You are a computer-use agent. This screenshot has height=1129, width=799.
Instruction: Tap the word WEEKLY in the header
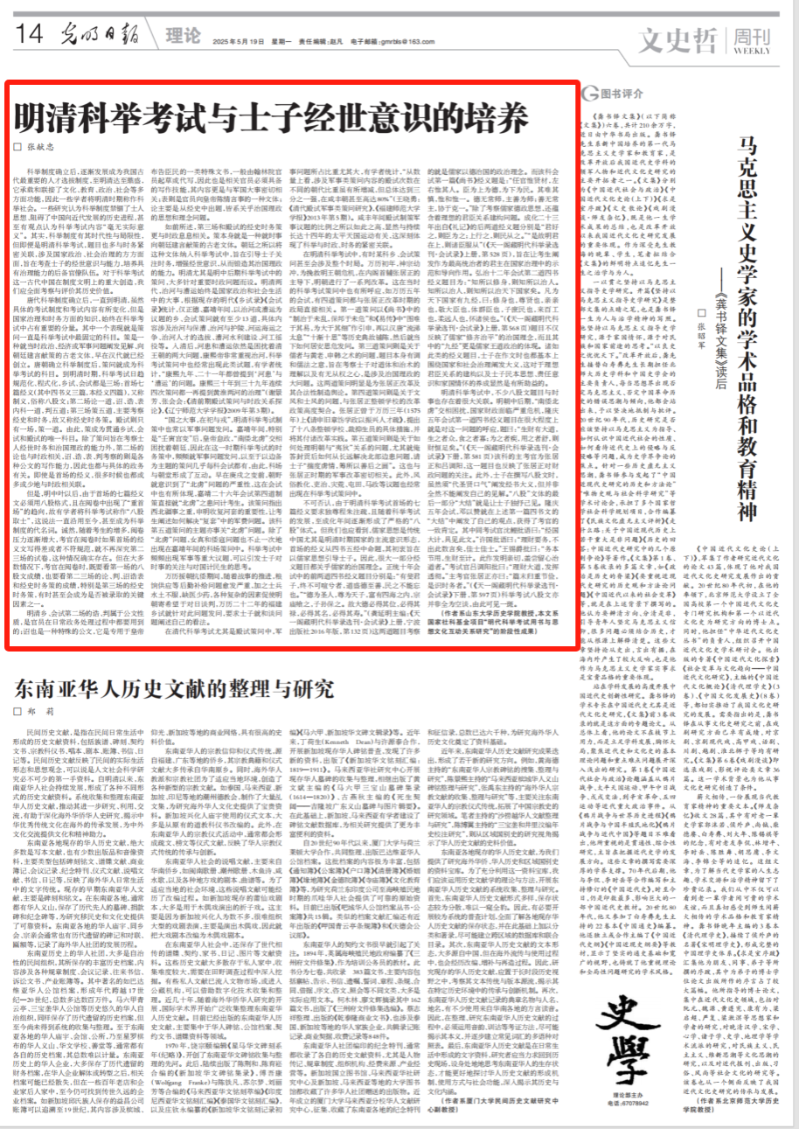(760, 49)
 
